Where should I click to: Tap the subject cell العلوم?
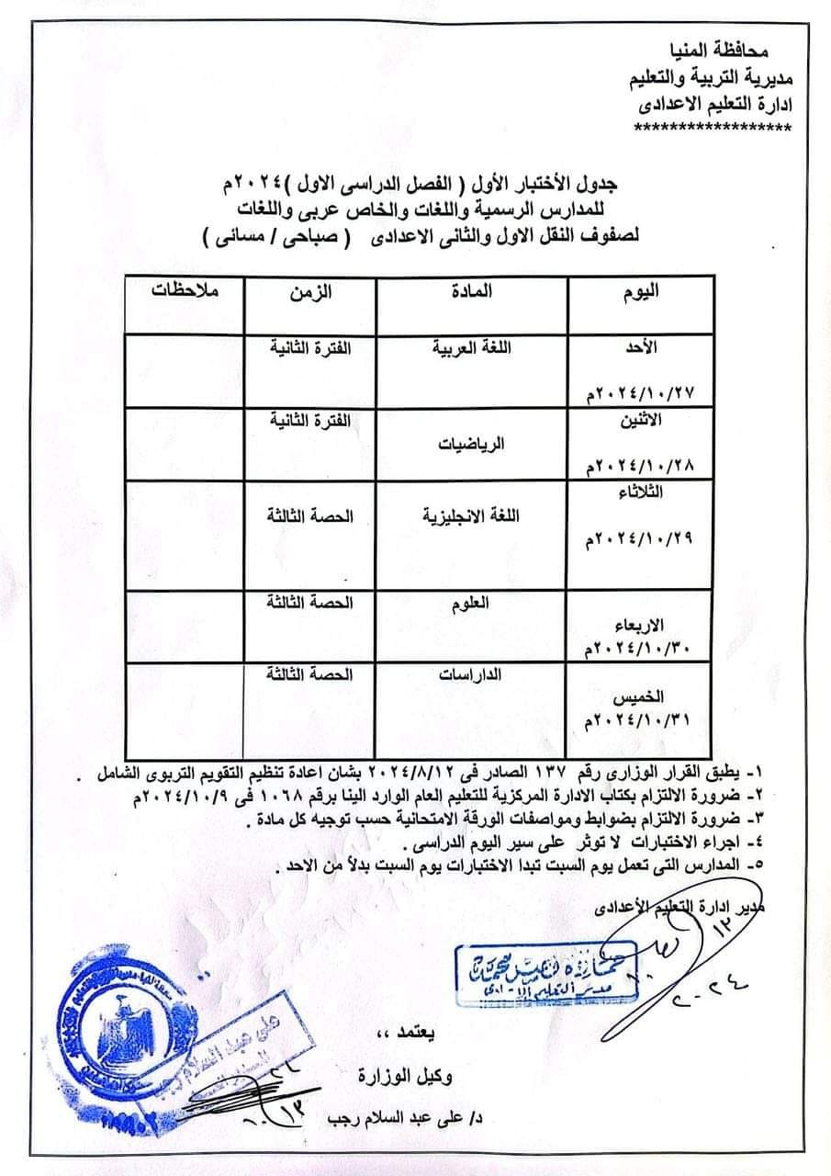473,605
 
